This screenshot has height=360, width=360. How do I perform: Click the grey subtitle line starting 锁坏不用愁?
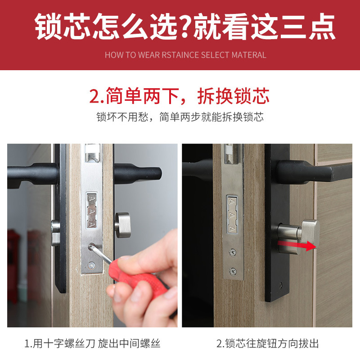click(180, 117)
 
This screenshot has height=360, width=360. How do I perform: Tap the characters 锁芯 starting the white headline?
click(65, 27)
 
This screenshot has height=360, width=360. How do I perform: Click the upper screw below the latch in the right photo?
click(232, 252)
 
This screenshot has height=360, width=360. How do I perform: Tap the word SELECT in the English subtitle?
click(214, 55)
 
